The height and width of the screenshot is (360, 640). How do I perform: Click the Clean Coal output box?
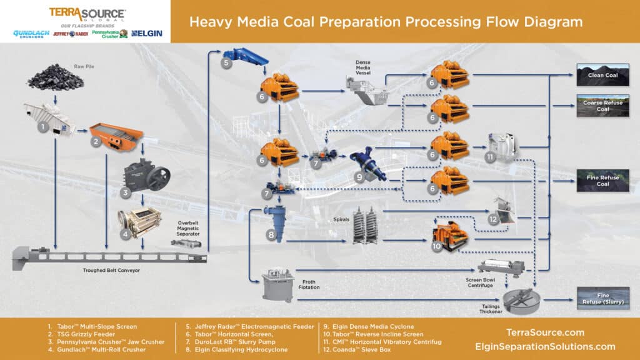[x=603, y=75]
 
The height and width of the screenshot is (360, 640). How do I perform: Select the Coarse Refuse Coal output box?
[x=603, y=106]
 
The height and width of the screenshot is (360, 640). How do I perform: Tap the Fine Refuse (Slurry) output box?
[x=603, y=299]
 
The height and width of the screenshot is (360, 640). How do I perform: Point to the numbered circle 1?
[x=43, y=126]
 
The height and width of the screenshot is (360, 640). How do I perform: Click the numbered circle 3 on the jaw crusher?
[x=125, y=192]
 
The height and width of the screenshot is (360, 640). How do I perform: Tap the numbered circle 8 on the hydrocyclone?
[x=271, y=235]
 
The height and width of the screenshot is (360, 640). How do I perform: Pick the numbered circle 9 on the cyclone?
[x=358, y=177]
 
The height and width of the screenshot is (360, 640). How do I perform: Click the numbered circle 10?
[x=436, y=246]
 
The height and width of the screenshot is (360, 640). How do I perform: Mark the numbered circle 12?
[x=493, y=219]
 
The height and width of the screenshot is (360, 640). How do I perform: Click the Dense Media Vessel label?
[x=367, y=66]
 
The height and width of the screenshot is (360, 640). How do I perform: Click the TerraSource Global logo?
[x=87, y=14]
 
